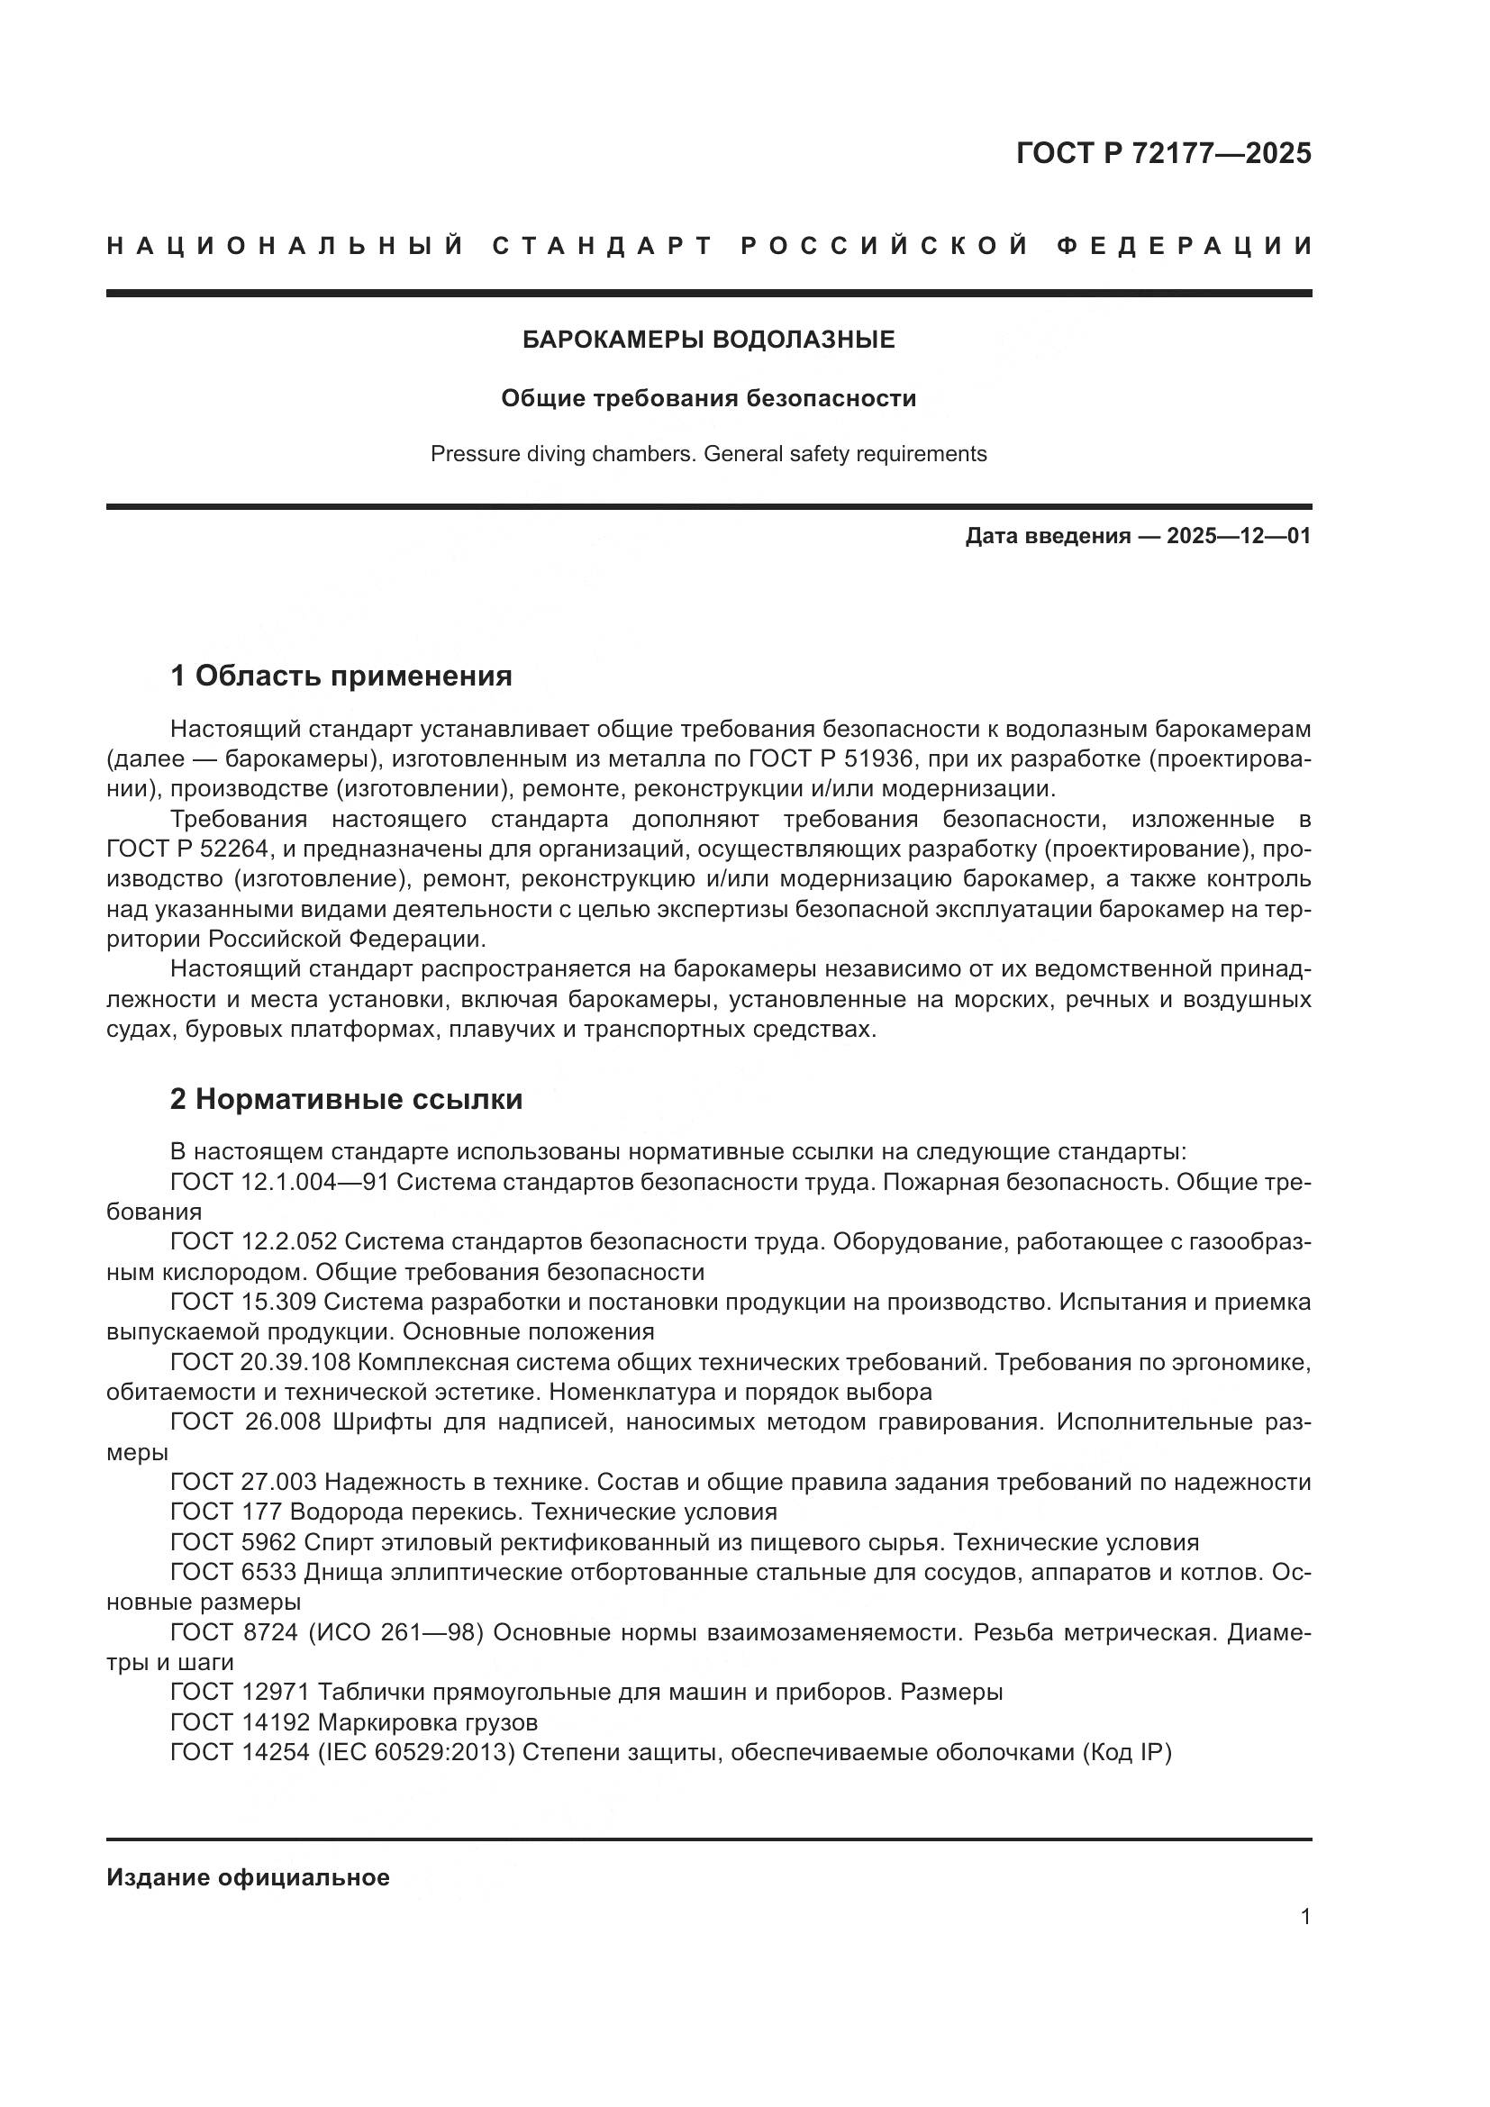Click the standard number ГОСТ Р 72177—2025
(x=1163, y=153)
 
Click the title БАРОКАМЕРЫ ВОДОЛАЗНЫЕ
(x=708, y=341)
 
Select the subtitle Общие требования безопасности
(x=708, y=398)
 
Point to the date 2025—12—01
(x=1239, y=536)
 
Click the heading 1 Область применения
(x=341, y=677)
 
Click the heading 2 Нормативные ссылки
(x=346, y=1099)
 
